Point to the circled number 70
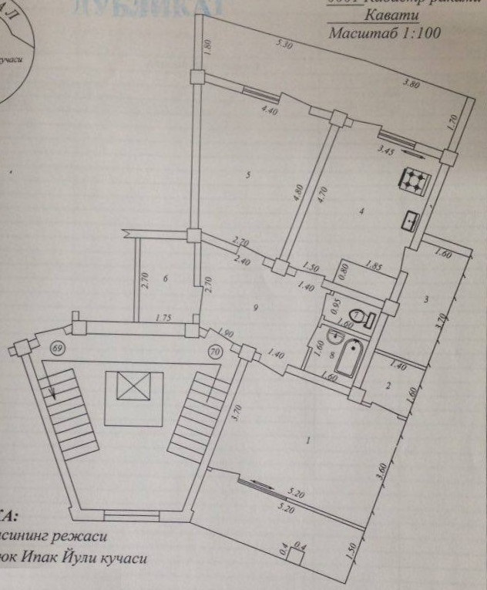tap(213, 352)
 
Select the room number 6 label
tap(166, 278)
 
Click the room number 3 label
tap(425, 298)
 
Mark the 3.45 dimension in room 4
tap(385, 152)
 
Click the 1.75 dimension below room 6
tap(162, 317)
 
